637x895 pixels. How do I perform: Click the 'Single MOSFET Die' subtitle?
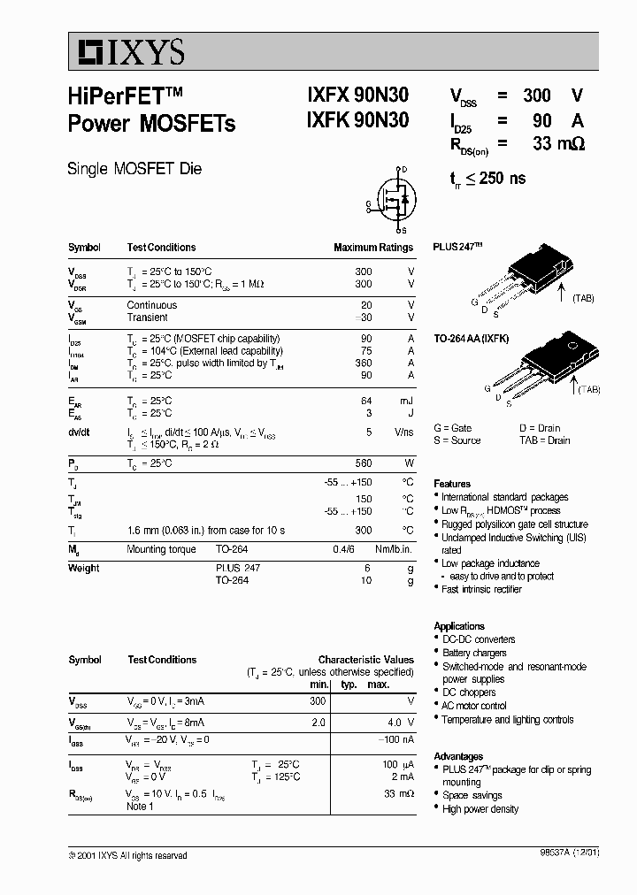[134, 169]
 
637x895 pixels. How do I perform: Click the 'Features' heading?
[452, 484]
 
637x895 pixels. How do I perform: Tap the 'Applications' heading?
[459, 626]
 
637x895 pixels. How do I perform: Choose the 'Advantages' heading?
[458, 757]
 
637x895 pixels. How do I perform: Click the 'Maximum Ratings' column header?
[372, 248]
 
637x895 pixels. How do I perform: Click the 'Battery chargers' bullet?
[474, 653]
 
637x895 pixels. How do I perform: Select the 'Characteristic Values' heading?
[365, 660]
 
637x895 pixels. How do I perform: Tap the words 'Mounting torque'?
[160, 549]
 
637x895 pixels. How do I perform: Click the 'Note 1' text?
[140, 806]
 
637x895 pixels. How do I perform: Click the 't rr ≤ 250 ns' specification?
[487, 179]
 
